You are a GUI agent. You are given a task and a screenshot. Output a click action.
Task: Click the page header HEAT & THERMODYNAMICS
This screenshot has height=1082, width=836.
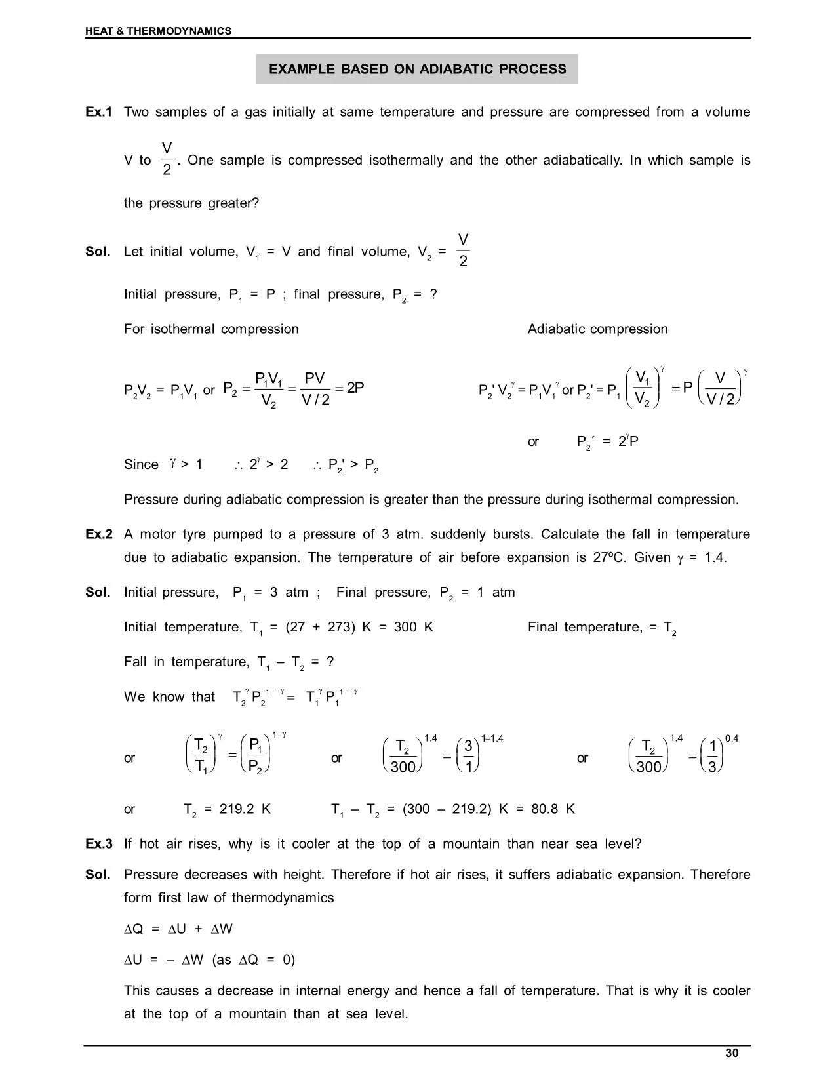click(x=158, y=31)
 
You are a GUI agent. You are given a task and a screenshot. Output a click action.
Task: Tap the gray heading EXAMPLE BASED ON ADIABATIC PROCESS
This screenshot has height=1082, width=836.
click(x=417, y=70)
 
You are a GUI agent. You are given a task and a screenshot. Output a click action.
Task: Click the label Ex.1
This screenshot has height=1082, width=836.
click(x=98, y=112)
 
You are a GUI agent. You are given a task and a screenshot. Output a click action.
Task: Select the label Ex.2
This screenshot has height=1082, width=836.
click(x=98, y=534)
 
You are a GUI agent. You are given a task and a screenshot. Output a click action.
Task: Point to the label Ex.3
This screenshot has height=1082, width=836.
click(x=98, y=844)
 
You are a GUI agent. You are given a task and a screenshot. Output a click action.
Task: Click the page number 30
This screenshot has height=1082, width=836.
click(x=732, y=1053)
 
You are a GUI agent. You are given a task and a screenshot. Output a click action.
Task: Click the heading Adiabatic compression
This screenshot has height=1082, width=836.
click(x=597, y=329)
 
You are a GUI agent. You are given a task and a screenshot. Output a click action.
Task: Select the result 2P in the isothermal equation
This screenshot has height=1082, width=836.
click(x=355, y=388)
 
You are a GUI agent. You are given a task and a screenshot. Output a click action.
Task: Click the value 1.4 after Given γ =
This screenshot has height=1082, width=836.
click(x=715, y=558)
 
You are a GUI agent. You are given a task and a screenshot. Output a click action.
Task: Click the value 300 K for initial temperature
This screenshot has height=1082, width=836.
click(x=413, y=628)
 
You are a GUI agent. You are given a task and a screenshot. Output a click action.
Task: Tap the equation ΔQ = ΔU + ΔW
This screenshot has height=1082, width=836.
click(x=178, y=929)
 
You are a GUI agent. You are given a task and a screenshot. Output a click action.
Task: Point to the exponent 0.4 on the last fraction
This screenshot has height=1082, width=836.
click(x=732, y=739)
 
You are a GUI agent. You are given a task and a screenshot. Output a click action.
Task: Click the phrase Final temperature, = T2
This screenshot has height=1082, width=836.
click(x=602, y=628)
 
